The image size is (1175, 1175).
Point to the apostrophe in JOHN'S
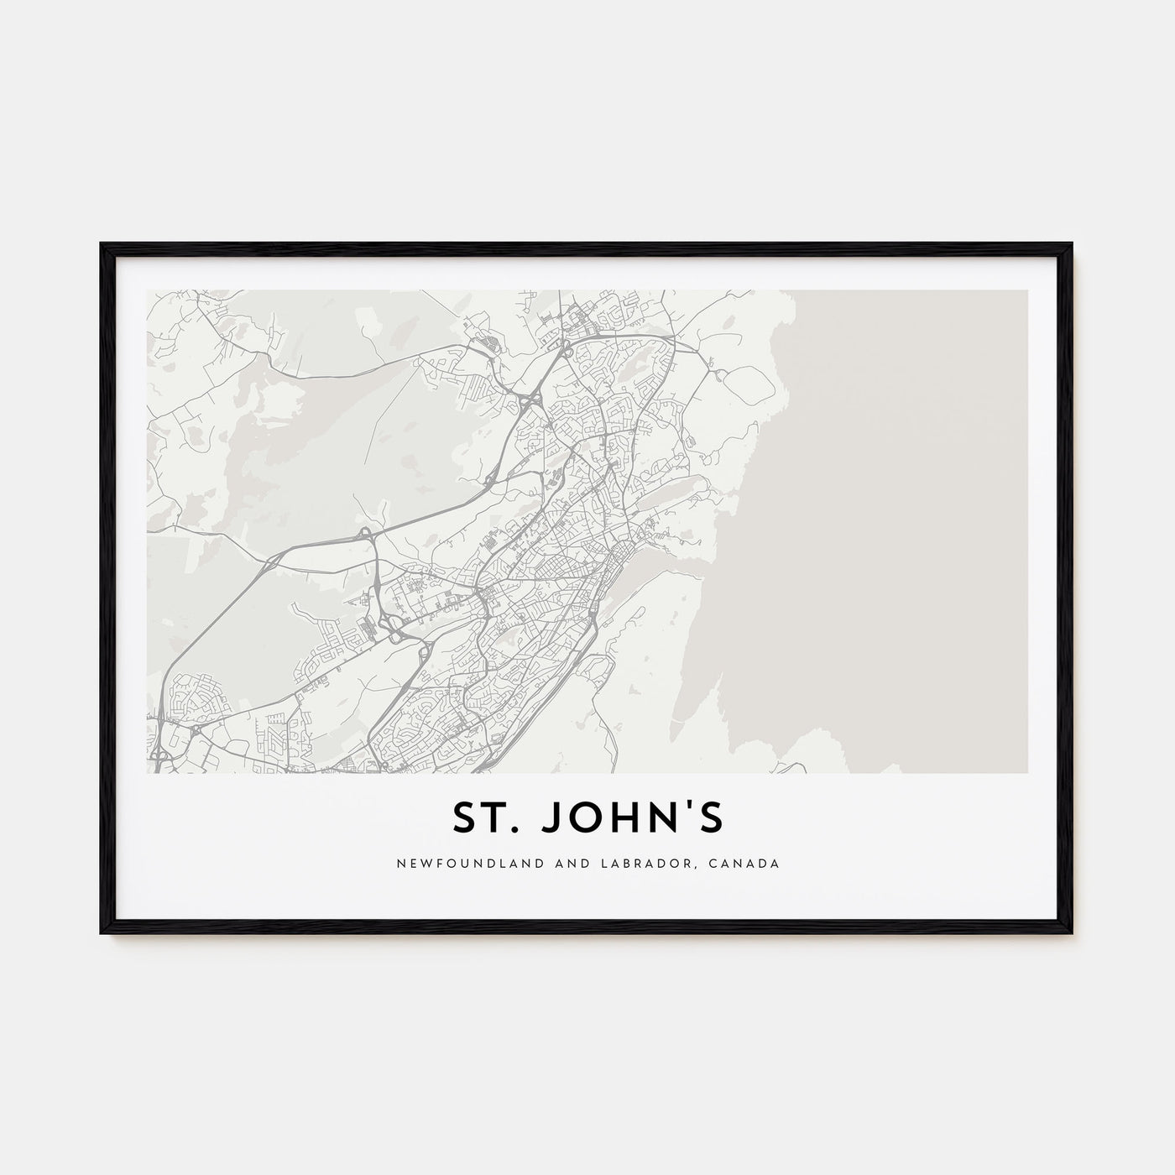click(688, 810)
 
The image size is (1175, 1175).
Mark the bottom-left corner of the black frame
click(102, 934)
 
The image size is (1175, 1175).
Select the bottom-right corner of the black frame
click(1072, 934)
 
